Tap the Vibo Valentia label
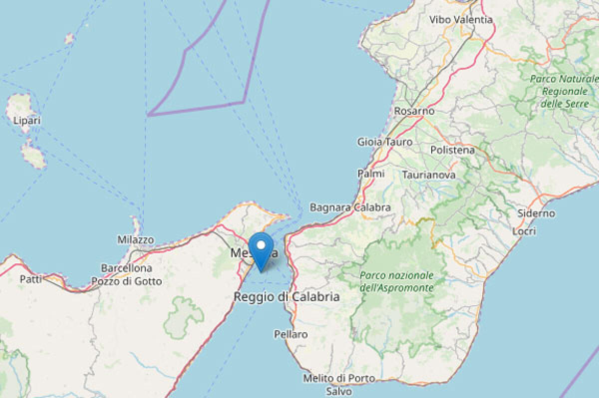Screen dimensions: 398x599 click(461, 20)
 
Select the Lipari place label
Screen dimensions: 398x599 click(27, 120)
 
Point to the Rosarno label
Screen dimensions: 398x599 click(414, 111)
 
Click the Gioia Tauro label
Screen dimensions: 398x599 click(385, 142)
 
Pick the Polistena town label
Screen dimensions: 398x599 click(452, 150)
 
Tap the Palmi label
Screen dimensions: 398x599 click(371, 174)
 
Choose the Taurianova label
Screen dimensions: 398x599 click(429, 175)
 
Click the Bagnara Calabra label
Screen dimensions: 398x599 click(350, 207)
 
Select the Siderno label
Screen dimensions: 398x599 click(536, 213)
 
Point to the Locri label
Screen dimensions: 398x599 click(524, 231)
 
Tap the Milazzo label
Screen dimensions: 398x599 click(135, 240)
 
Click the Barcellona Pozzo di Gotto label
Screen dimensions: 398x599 click(131, 275)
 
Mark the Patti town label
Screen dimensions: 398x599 click(30, 279)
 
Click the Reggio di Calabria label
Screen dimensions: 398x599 click(287, 297)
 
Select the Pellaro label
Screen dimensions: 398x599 click(291, 334)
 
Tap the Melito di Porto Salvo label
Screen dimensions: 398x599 click(339, 385)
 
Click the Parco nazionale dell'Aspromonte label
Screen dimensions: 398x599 click(396, 282)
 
